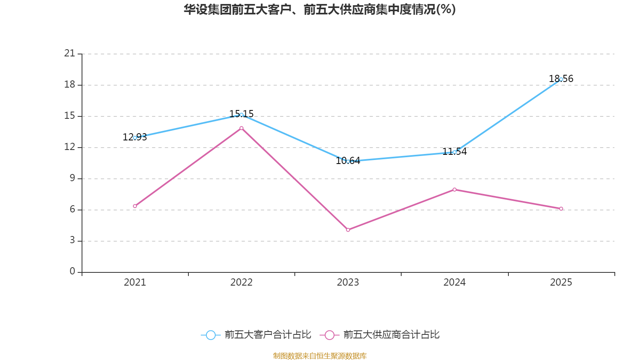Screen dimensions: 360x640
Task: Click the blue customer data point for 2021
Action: click(x=135, y=138)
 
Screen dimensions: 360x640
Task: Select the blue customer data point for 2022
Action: click(x=241, y=115)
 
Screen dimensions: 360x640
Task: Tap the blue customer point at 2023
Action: click(x=348, y=162)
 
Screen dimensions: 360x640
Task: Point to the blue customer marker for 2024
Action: click(x=454, y=152)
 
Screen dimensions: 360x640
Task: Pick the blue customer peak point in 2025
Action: click(x=561, y=79)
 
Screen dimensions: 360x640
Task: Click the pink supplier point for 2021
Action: click(x=135, y=206)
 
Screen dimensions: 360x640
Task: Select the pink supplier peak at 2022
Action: click(x=241, y=128)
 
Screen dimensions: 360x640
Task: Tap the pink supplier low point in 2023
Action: click(x=348, y=230)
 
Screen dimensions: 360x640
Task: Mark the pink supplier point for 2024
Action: click(x=454, y=190)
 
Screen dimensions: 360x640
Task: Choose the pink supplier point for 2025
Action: click(x=561, y=209)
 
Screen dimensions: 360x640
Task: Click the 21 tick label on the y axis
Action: click(x=70, y=53)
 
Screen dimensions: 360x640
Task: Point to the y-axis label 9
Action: click(x=72, y=178)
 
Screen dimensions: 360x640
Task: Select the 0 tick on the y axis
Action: click(x=72, y=272)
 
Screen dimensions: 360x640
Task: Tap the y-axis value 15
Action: click(x=70, y=116)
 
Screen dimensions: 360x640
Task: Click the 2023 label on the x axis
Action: click(x=348, y=282)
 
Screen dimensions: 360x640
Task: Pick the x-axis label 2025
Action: click(x=561, y=282)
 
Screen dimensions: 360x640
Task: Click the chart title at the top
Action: click(x=320, y=10)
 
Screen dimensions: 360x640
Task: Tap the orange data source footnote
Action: click(x=320, y=356)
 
